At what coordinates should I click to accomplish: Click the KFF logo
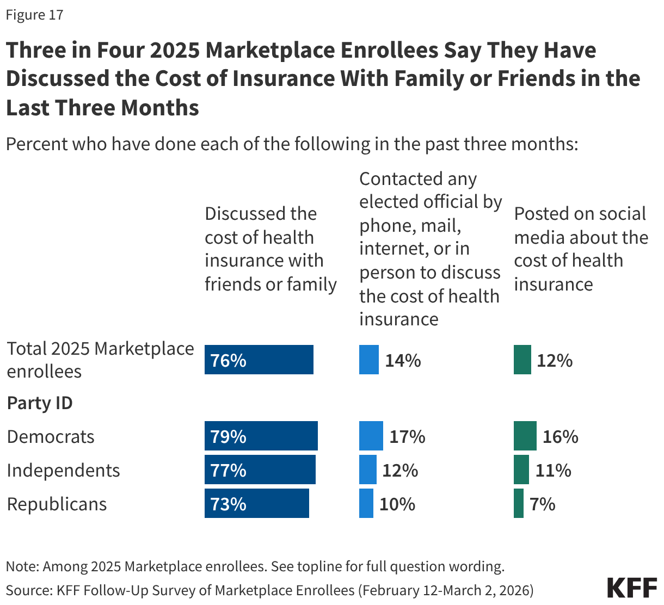pos(632,588)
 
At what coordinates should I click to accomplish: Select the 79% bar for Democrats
pos(261,436)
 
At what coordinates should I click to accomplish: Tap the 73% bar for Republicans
pos(256,503)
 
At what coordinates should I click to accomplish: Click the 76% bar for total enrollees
pos(259,360)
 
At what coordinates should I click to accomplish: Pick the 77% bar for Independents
pos(260,470)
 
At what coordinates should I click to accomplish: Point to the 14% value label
pos(403,360)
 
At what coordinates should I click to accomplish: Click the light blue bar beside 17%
pos(371,436)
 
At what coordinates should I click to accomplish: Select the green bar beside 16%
pos(525,436)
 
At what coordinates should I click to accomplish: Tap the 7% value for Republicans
pos(542,504)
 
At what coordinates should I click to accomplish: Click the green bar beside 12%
pos(522,360)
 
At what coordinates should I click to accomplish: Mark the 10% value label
pos(397,504)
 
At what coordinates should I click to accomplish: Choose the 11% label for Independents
pos(553,470)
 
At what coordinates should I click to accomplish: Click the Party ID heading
pos(40,403)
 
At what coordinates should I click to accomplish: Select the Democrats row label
pos(51,436)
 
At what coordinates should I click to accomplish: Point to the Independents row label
pos(63,470)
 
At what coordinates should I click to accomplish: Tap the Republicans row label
pos(57,504)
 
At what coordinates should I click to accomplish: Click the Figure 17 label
pos(34,15)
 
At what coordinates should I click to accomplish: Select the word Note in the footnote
pos(21,566)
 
